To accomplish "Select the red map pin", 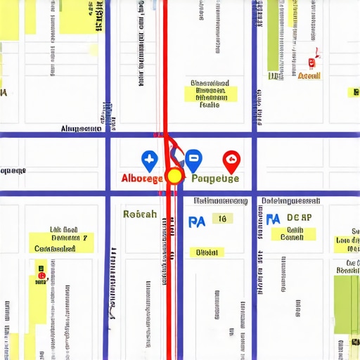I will point(230,161).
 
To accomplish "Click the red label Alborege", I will point(143,179).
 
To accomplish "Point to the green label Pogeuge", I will point(215,179).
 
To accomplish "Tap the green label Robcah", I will point(139,214).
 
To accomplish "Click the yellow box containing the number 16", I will point(222,219).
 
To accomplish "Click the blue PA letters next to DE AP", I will point(273,219).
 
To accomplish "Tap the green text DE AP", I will point(299,219).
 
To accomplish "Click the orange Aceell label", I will point(309,76).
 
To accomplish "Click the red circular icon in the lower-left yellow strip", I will point(41,275).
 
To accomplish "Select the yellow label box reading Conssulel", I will point(54,248).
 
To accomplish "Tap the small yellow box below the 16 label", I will point(207,252).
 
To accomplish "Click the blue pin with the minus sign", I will point(193,160).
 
